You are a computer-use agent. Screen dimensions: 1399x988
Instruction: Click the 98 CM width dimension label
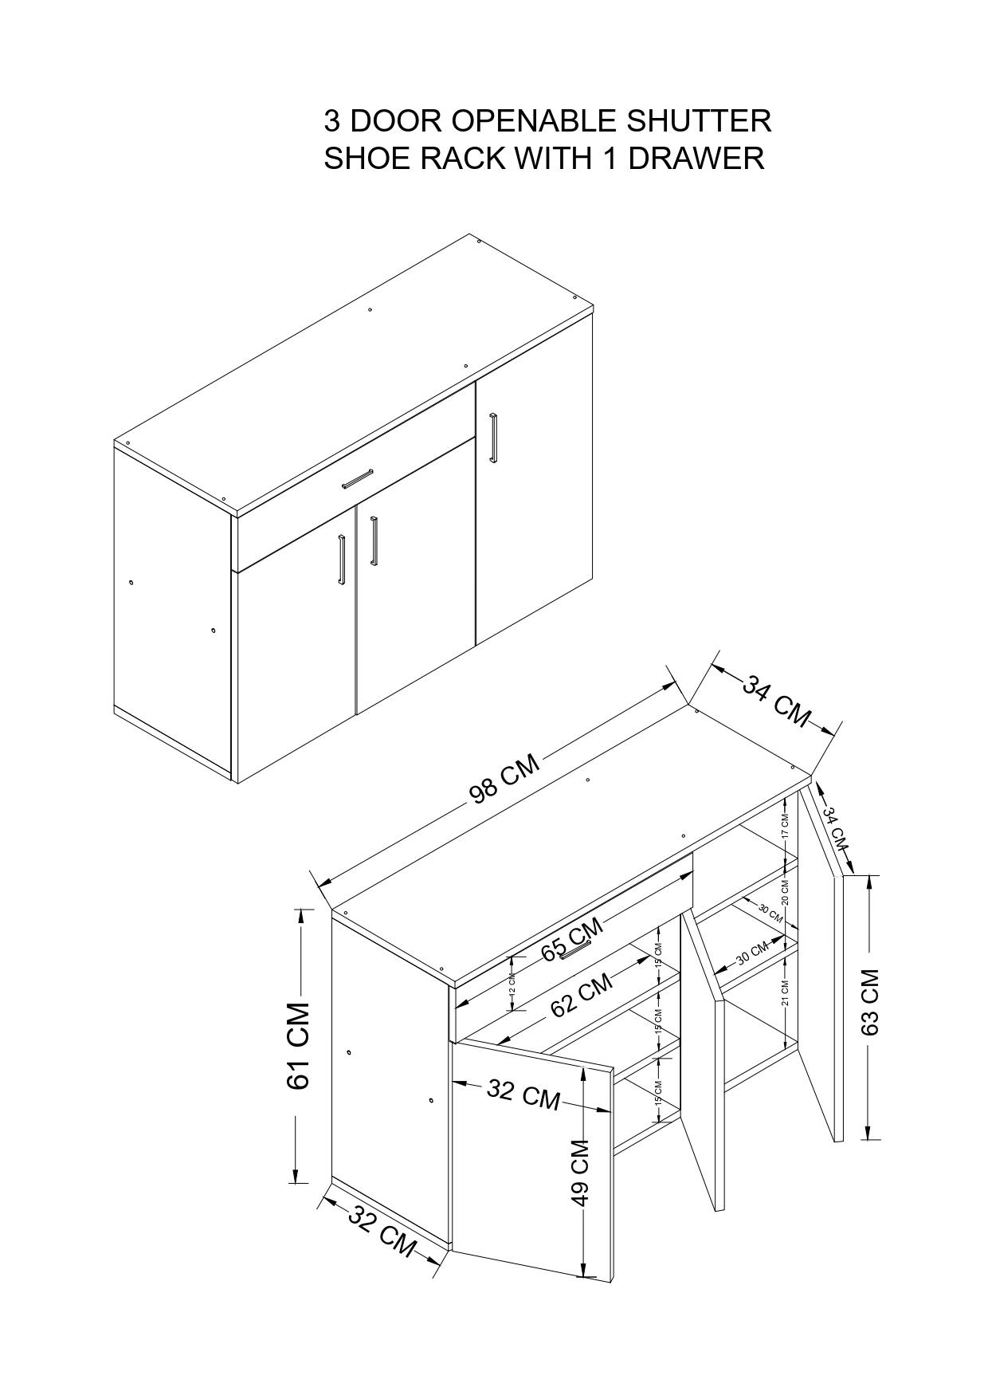(505, 779)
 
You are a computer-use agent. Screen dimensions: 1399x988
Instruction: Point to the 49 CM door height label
(580, 1173)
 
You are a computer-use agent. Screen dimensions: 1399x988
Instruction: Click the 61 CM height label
(298, 1046)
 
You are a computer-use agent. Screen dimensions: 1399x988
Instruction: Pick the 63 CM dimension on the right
(870, 1002)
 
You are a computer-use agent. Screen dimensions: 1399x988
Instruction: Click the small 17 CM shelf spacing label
(784, 825)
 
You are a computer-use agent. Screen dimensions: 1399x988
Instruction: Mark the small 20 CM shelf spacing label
(784, 892)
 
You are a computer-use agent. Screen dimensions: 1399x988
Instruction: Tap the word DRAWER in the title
(696, 158)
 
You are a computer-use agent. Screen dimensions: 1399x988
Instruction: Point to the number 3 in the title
(332, 121)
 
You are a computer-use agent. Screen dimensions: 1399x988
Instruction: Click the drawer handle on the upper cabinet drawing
(358, 478)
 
